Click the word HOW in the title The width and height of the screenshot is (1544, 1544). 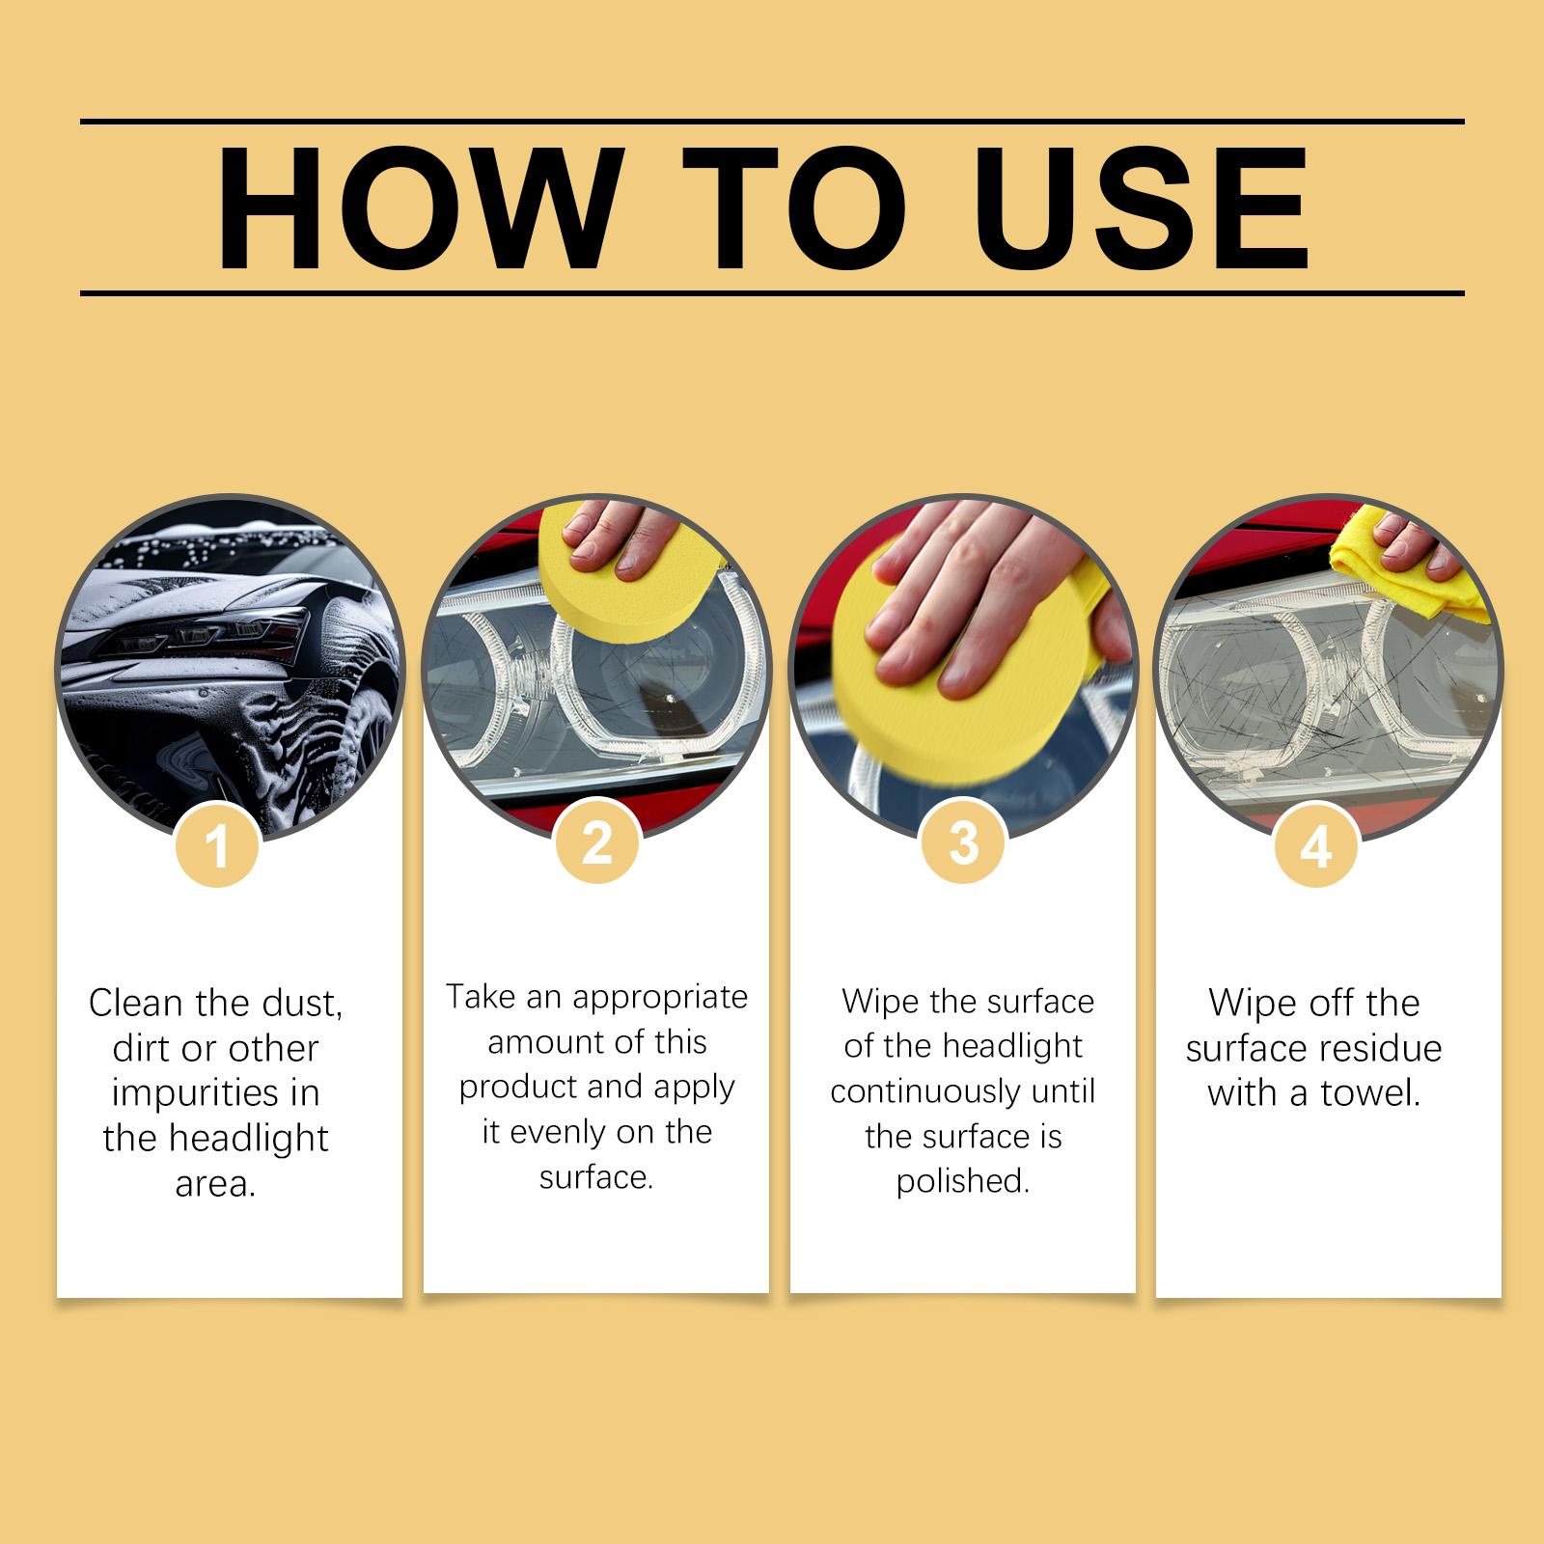coord(416,208)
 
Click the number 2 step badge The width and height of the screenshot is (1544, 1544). coord(597,842)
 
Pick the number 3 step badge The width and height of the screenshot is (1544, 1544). coord(964,842)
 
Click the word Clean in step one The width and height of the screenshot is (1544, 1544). coord(137,1003)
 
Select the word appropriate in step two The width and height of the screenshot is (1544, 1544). coord(661,997)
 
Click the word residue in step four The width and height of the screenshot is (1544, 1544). coord(1382,1048)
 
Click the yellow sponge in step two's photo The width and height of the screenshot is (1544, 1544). coord(597,579)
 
